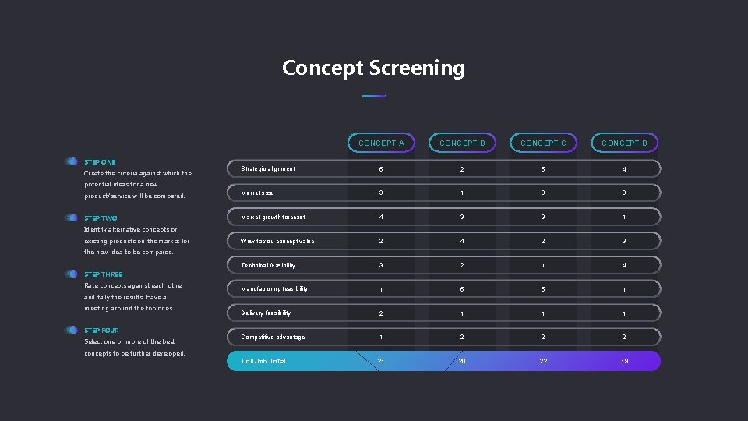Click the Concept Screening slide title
373,69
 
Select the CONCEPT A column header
381,143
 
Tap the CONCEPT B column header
462,143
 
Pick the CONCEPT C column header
543,143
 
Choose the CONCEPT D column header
624,143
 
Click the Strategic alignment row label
268,168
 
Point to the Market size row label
257,193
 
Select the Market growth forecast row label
273,217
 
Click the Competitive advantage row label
273,337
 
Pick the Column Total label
263,361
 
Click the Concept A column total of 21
381,361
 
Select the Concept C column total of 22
543,361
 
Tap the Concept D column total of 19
624,361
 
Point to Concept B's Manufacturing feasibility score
462,289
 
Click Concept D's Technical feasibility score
624,265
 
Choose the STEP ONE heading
100,162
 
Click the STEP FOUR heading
101,331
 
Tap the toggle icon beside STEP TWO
72,218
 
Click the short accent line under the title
374,96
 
